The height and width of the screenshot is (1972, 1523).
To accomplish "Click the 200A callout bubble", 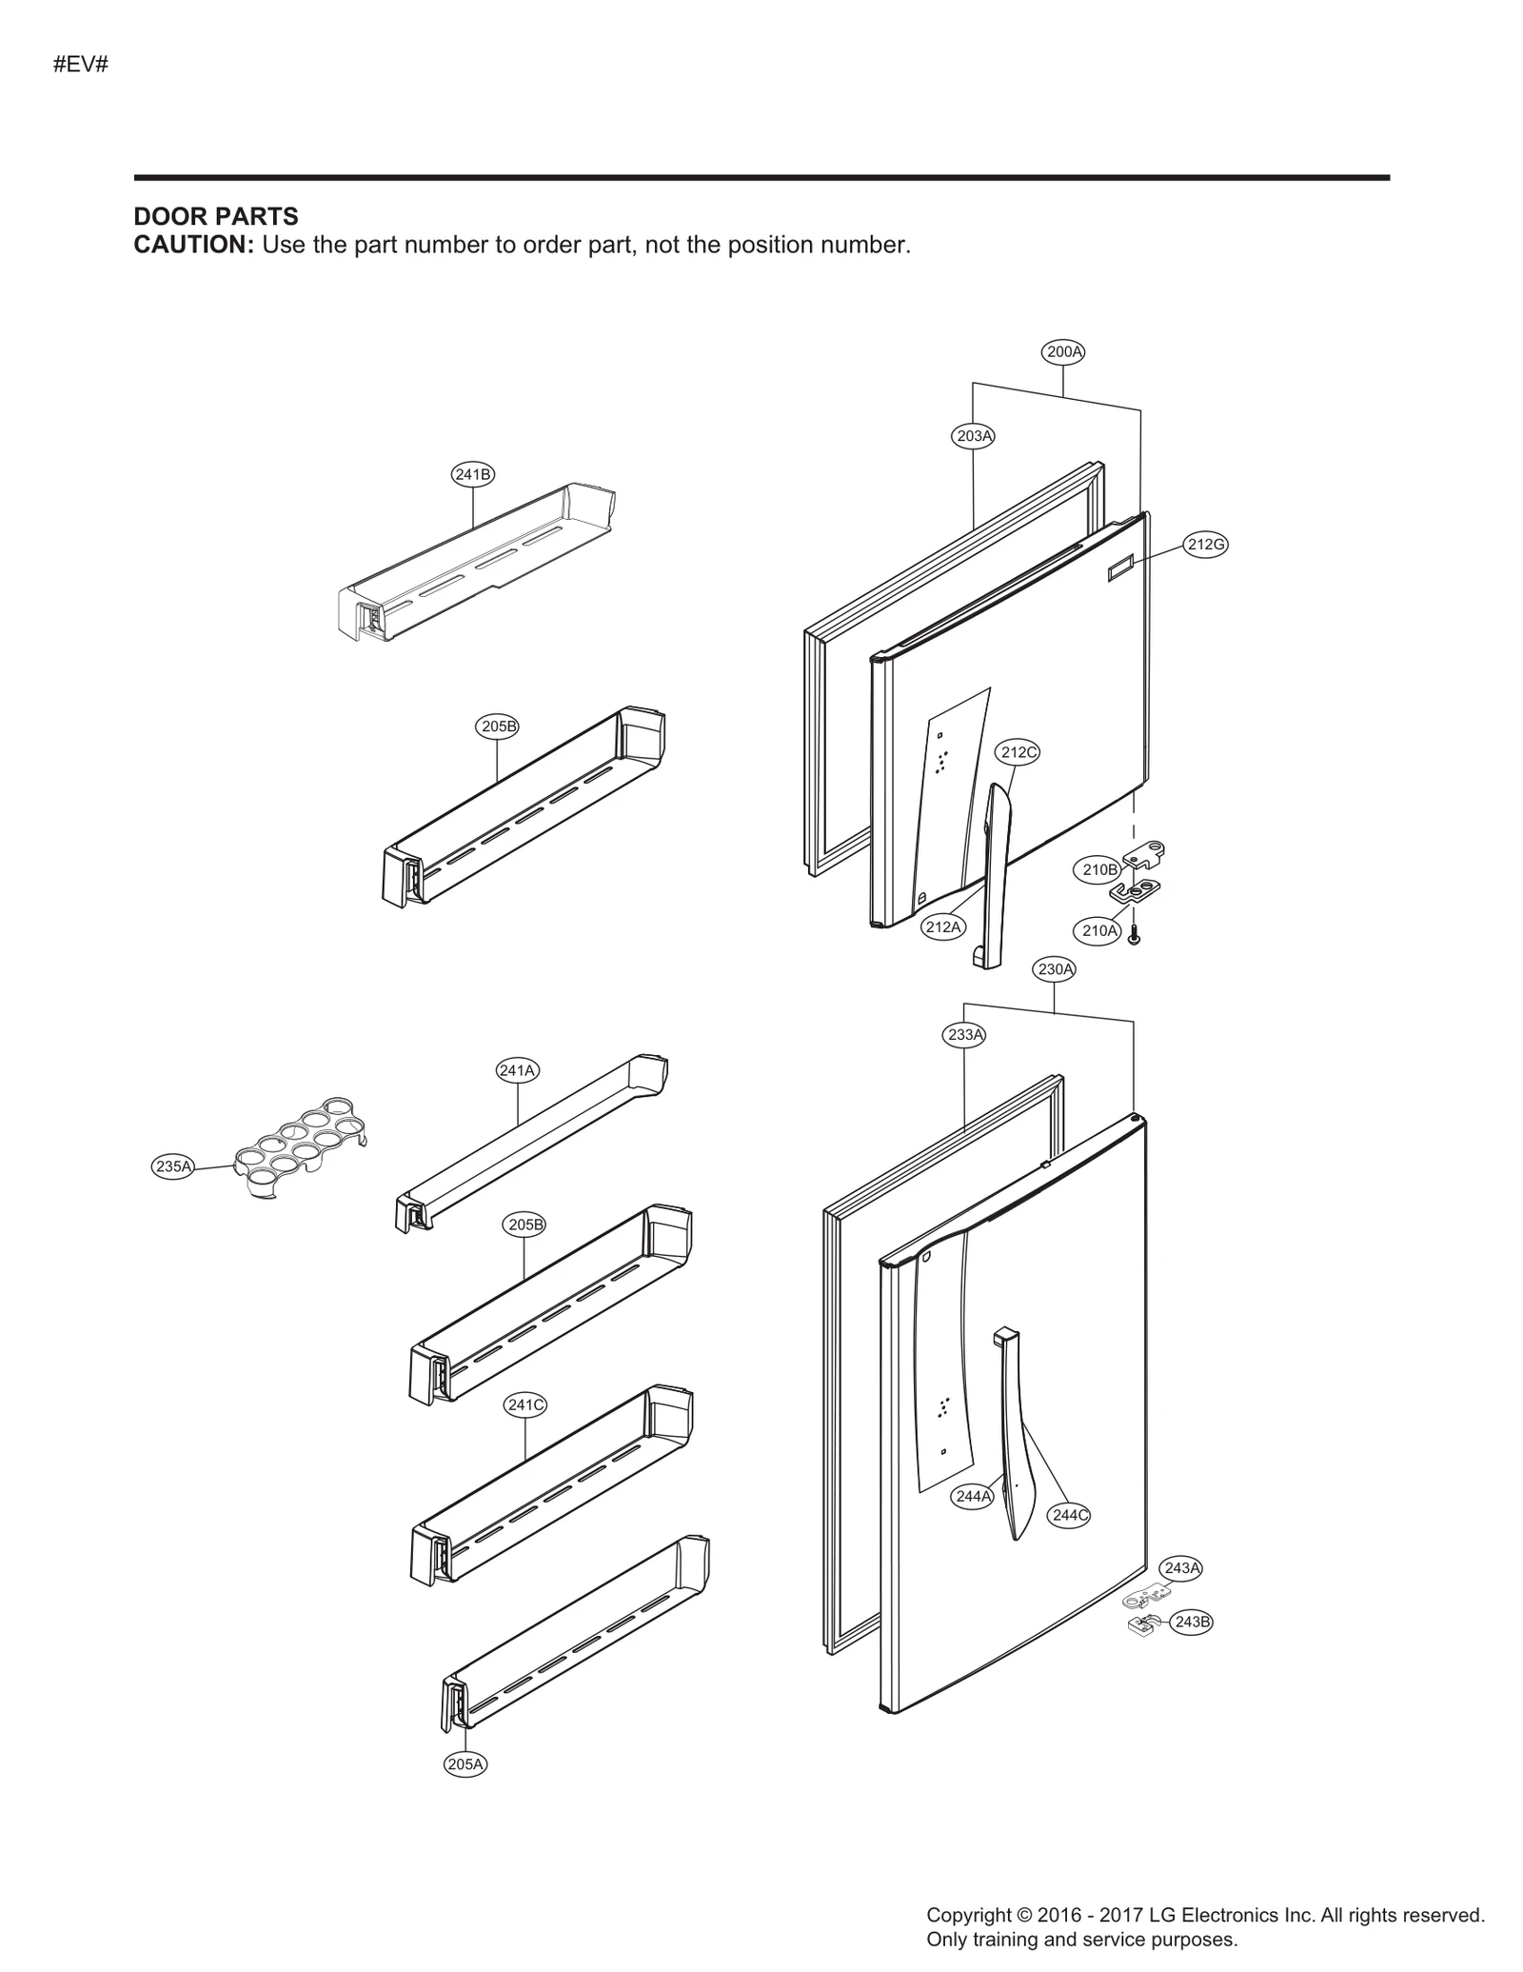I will click(x=1064, y=351).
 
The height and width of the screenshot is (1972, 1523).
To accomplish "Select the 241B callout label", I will click(x=472, y=473).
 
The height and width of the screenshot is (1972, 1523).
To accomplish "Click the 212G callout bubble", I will click(x=1205, y=544).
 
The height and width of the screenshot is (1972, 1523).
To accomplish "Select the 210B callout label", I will click(x=1099, y=868).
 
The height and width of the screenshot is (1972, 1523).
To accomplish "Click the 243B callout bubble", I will click(x=1192, y=1622).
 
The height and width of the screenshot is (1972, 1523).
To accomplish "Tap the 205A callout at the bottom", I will click(x=465, y=1763).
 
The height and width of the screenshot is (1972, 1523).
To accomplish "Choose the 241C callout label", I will click(x=524, y=1404).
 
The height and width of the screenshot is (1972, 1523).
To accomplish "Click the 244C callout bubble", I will click(x=1068, y=1515).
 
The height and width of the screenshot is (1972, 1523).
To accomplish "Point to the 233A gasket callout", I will click(x=965, y=1034).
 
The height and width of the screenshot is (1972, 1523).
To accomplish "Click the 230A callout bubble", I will click(x=1055, y=969).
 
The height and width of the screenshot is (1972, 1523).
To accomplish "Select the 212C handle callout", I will click(x=1018, y=752).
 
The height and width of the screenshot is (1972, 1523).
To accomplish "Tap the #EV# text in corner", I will click(x=81, y=65).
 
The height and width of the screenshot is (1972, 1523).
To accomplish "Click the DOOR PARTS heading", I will click(x=216, y=216).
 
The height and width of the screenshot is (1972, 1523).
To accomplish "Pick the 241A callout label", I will click(x=517, y=1070).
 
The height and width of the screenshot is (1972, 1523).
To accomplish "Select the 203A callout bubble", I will click(x=973, y=436).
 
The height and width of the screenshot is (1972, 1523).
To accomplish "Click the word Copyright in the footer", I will click(x=968, y=1915).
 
